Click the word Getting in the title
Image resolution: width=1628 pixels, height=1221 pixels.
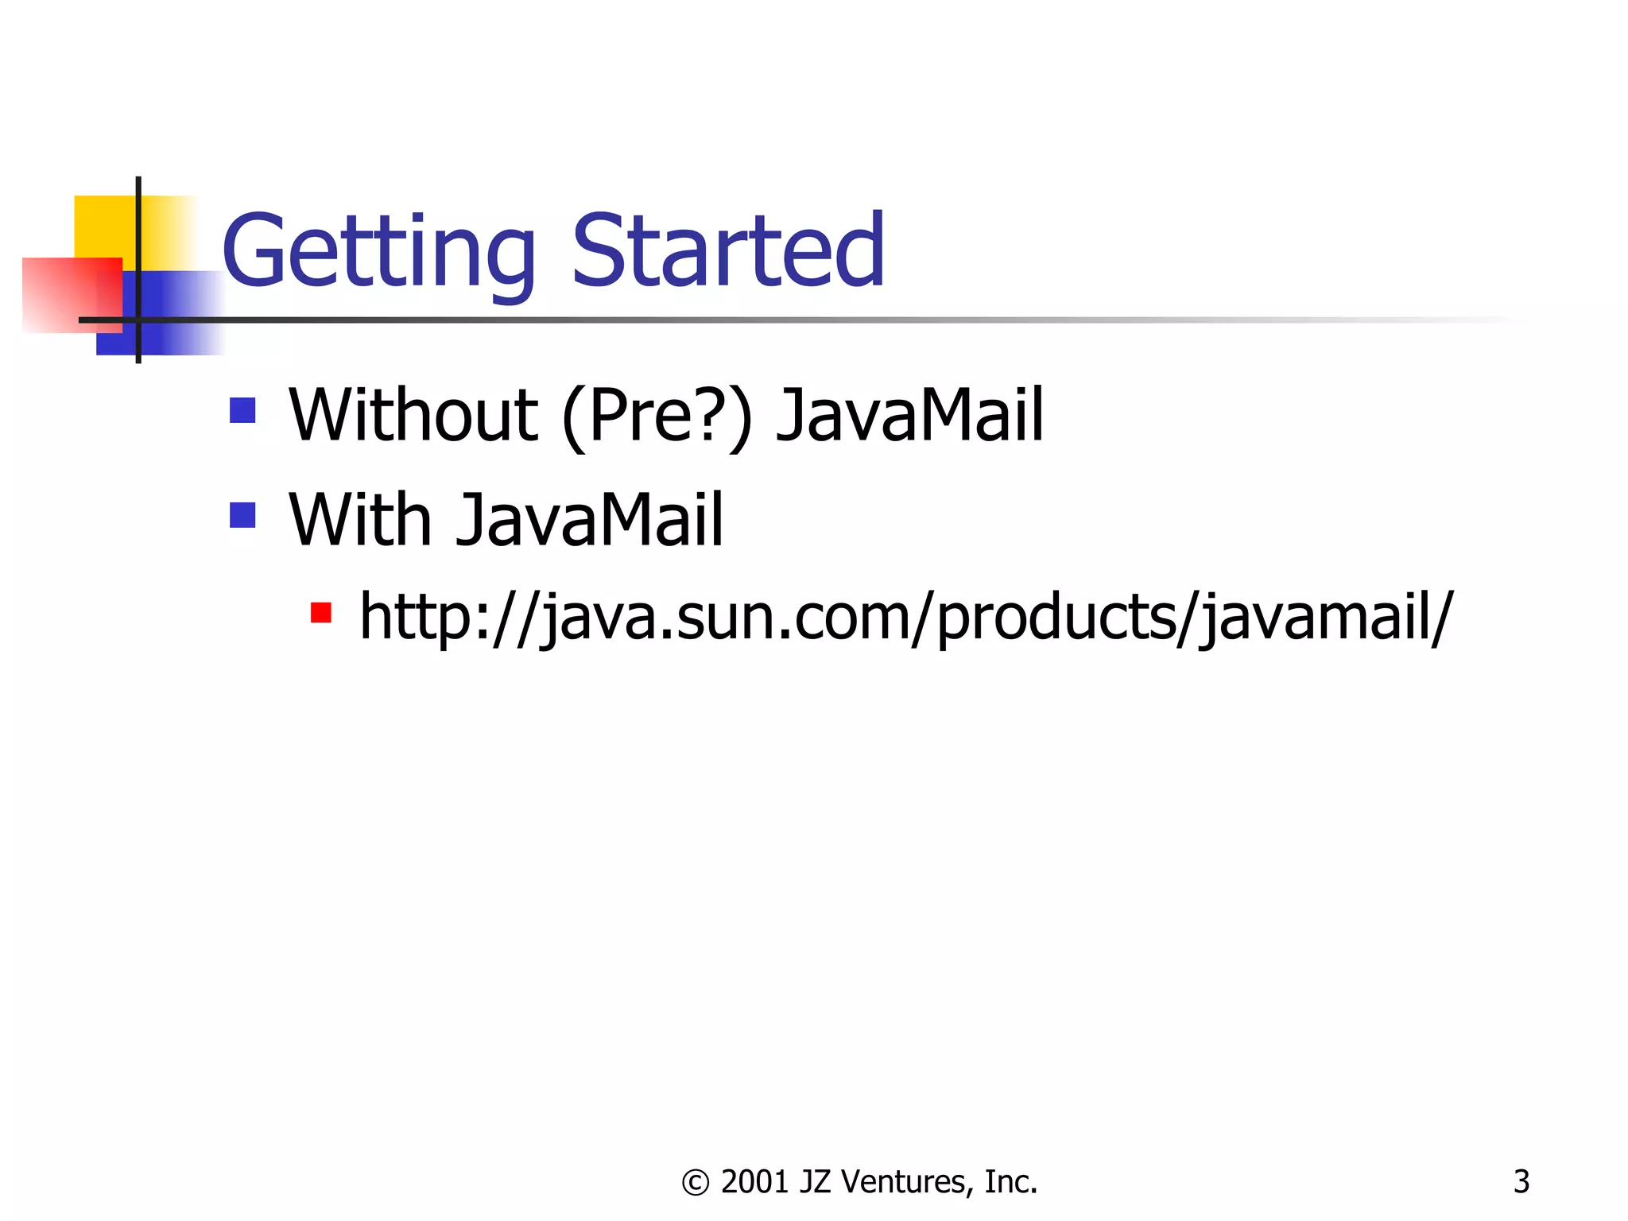point(378,253)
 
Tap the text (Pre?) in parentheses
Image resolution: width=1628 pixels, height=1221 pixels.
point(657,416)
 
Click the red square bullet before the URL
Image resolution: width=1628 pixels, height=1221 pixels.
point(321,613)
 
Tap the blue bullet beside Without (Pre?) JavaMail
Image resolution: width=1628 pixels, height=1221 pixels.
point(242,410)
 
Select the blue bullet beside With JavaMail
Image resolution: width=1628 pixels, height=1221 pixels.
point(242,515)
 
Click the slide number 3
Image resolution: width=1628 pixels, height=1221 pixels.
point(1521,1182)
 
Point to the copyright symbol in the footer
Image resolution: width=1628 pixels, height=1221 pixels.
point(696,1183)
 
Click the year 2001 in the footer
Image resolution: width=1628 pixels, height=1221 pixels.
point(754,1182)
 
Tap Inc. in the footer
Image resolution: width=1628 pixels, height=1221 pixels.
point(1010,1182)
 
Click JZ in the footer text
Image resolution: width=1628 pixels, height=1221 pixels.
point(815,1182)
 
